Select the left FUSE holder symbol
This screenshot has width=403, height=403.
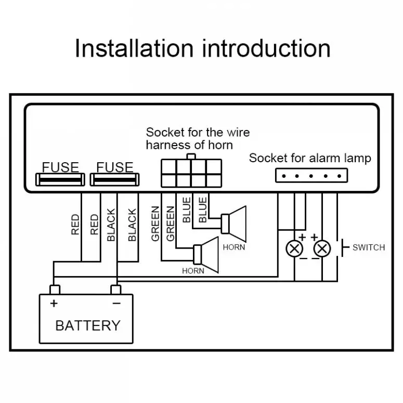[60, 179]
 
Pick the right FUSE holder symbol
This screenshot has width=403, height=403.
[115, 179]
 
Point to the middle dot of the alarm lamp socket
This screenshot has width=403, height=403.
[311, 176]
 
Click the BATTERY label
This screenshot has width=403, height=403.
[87, 326]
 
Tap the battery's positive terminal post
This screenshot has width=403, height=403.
[55, 289]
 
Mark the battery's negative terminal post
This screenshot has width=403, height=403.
[116, 289]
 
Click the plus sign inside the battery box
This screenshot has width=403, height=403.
[54, 303]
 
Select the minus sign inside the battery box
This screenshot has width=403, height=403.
[116, 303]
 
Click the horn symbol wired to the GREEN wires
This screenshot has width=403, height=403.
[206, 254]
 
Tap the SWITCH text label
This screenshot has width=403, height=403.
[368, 248]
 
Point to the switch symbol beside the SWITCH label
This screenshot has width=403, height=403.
[343, 248]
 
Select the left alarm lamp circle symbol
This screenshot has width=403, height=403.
[295, 249]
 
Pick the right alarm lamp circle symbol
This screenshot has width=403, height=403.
[322, 249]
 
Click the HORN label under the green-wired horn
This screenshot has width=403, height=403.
[193, 270]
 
